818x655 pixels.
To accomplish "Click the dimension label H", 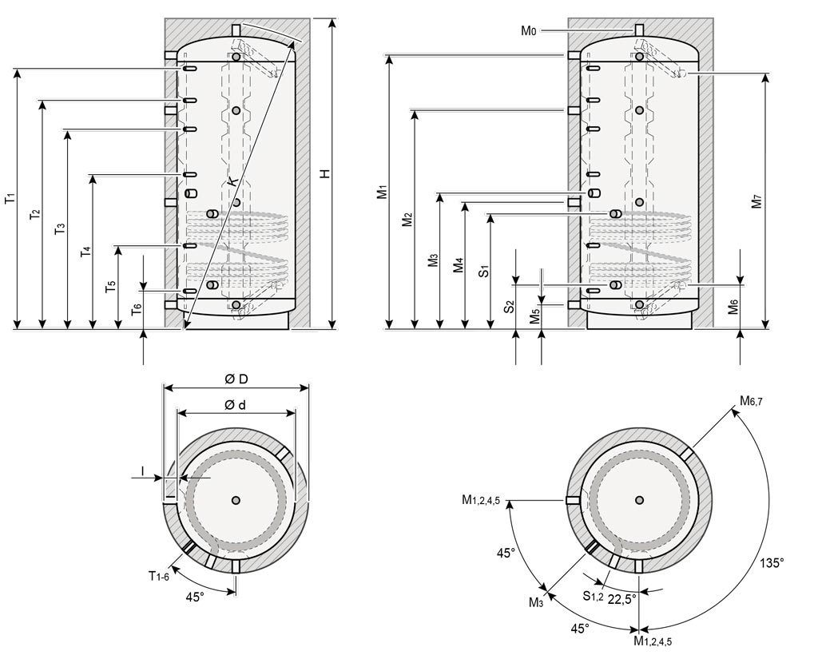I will click(x=325, y=173).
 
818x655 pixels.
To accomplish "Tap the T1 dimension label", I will click(x=10, y=197).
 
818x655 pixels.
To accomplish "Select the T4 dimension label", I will click(x=85, y=252).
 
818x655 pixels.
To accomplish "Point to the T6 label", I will click(x=137, y=309).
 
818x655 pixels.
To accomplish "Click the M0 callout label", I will click(x=528, y=31).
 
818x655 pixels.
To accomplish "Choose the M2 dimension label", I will click(x=407, y=219).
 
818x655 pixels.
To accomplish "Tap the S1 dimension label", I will click(x=483, y=269).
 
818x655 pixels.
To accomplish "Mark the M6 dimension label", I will click(x=733, y=306).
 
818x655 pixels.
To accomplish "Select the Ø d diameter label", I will click(x=235, y=405).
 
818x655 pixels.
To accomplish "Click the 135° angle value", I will click(x=772, y=562).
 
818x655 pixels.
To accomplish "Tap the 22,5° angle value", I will click(x=622, y=598).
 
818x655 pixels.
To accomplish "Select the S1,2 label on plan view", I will click(x=592, y=595).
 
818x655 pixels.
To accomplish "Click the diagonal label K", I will click(x=232, y=182).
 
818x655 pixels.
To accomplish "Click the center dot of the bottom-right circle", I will click(x=639, y=500).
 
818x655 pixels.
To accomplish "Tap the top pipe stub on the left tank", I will click(x=236, y=30).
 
